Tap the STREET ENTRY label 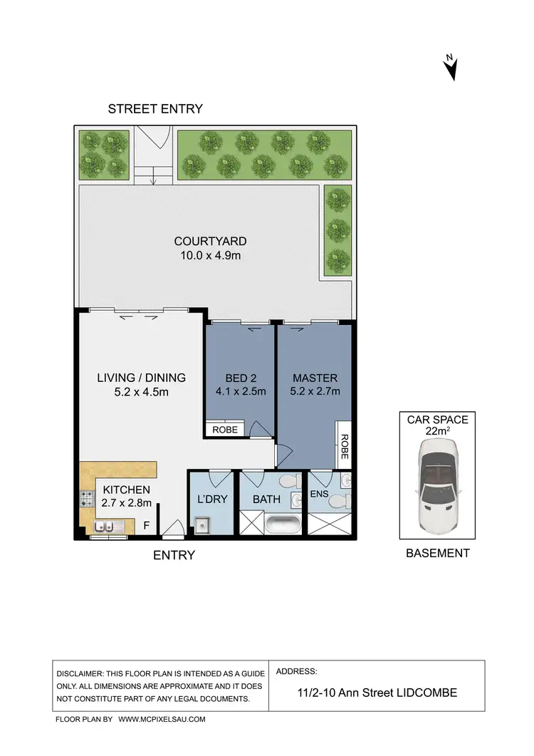(155, 109)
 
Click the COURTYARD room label (210, 242)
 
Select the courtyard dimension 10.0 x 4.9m (210, 255)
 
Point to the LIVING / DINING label (141, 378)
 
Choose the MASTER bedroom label (314, 378)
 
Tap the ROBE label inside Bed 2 (224, 430)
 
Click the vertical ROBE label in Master (343, 446)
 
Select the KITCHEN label (126, 490)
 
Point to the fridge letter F (147, 527)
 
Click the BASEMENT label (437, 553)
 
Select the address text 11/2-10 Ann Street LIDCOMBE (376, 692)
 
